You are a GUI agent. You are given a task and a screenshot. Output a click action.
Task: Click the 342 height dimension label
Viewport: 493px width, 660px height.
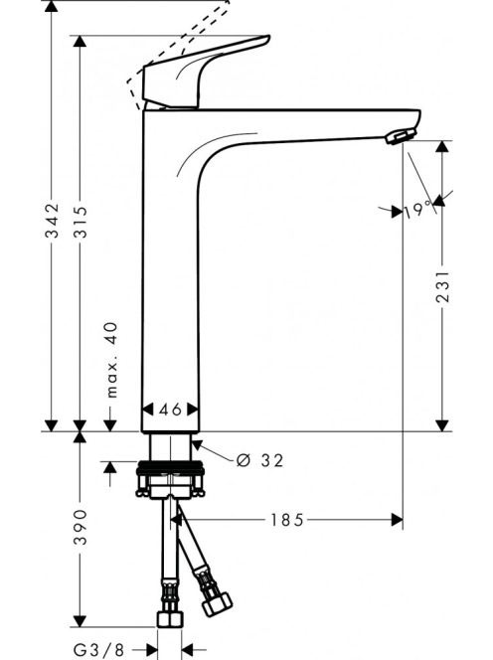click(x=52, y=220)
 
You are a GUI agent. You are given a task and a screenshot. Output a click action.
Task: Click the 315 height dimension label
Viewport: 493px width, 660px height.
click(x=80, y=222)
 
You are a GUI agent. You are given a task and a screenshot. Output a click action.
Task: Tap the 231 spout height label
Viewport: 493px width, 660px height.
click(x=442, y=286)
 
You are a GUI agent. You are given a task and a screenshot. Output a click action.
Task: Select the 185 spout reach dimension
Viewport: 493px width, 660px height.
click(x=286, y=520)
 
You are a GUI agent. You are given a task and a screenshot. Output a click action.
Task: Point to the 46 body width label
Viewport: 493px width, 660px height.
click(x=171, y=410)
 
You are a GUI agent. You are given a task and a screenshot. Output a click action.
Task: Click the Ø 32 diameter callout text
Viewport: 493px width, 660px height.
click(x=259, y=460)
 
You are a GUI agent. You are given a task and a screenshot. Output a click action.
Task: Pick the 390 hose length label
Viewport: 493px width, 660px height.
click(x=80, y=527)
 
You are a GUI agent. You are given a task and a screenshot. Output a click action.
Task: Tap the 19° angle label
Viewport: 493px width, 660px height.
click(x=418, y=210)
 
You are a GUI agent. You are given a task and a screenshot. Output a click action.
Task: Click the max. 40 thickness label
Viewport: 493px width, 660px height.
click(x=111, y=360)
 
